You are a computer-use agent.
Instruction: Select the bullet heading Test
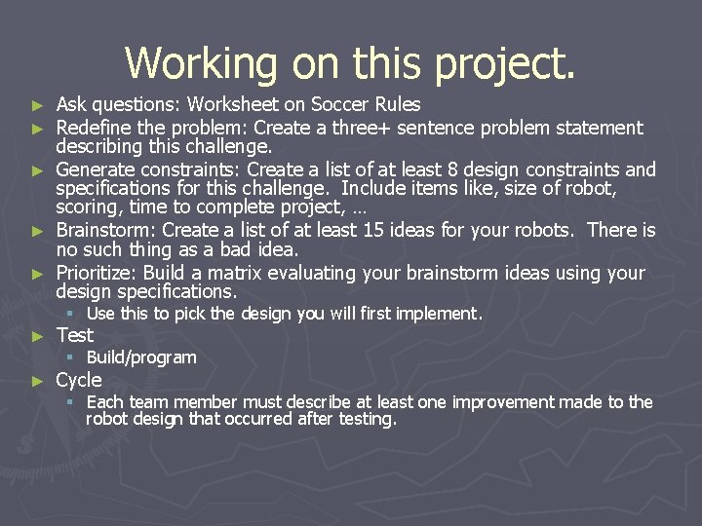(75, 335)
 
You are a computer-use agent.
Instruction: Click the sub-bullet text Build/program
(141, 357)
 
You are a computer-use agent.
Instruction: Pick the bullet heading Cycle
(79, 380)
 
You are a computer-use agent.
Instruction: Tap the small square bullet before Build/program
(70, 357)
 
